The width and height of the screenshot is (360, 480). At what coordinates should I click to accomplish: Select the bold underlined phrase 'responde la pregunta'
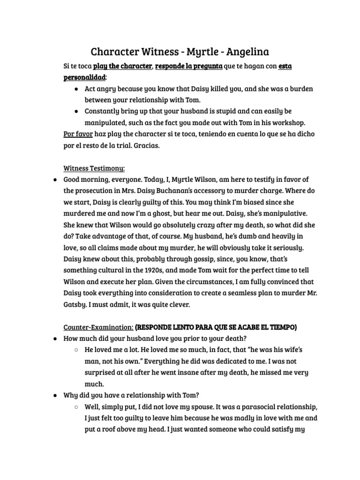click(188, 66)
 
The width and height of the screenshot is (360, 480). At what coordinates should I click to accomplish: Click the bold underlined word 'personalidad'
click(84, 77)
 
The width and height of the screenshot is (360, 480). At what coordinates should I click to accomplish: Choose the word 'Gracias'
click(147, 145)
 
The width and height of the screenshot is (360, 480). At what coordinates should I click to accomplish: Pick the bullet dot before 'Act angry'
click(76, 89)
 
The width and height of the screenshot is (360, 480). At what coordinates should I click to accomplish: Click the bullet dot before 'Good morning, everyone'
click(55, 180)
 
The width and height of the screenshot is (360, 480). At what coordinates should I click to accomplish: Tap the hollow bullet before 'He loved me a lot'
click(76, 350)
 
